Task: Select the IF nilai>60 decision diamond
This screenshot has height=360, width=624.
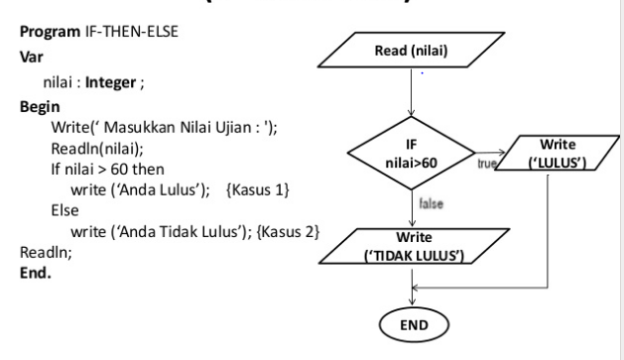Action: click(410, 153)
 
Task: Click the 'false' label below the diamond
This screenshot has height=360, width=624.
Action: click(429, 202)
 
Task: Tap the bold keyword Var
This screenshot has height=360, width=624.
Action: click(29, 59)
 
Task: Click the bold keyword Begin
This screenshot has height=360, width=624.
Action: click(37, 104)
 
